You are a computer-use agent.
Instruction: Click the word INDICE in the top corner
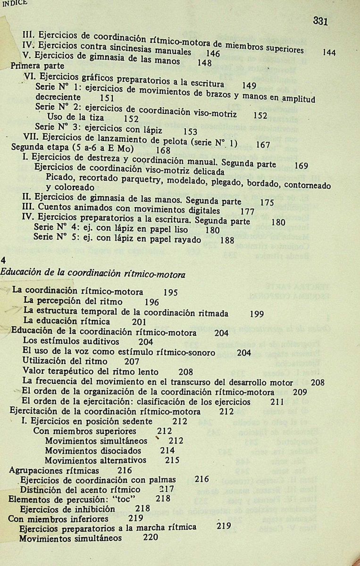tap(15, 2)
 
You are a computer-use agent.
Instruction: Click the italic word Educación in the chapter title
tap(22, 274)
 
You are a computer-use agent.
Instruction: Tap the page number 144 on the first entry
tap(329, 53)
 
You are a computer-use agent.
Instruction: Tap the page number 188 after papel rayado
tap(227, 240)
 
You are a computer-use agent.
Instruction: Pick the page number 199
tap(256, 313)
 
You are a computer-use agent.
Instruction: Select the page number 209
tap(300, 391)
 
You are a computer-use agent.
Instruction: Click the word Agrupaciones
tap(39, 470)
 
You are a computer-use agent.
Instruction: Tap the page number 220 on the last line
tap(151, 538)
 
